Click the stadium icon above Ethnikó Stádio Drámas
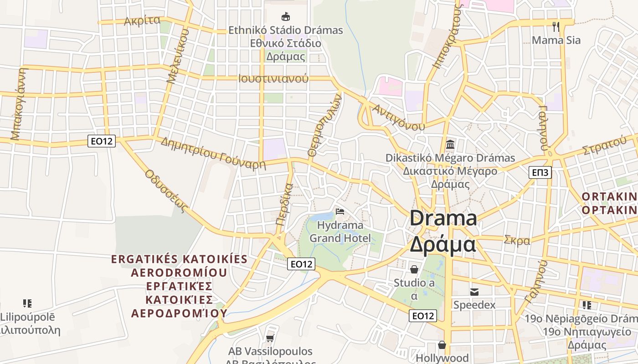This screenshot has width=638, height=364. click(286, 17)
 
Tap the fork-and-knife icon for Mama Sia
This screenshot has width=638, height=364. click(556, 26)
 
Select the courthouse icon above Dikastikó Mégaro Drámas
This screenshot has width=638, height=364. click(450, 145)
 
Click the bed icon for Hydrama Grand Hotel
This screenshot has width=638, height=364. click(340, 211)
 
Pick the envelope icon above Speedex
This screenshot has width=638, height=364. click(474, 291)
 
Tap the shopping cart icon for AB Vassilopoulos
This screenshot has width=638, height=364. click(270, 338)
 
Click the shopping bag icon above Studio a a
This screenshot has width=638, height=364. click(414, 269)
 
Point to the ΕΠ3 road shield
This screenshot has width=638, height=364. click(541, 172)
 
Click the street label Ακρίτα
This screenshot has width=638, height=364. click(142, 20)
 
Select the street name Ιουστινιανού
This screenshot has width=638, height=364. click(273, 78)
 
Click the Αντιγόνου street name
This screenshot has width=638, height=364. click(398, 117)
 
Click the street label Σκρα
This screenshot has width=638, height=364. click(517, 240)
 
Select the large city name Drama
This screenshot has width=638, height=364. click(443, 218)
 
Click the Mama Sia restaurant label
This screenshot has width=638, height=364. click(556, 40)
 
